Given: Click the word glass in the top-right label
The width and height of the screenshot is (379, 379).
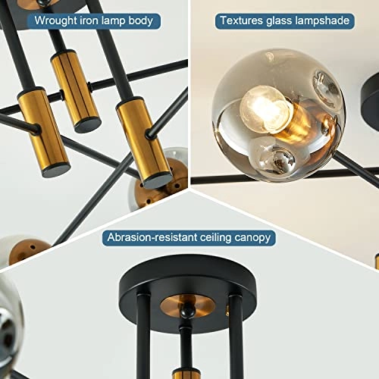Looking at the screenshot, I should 284,20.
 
